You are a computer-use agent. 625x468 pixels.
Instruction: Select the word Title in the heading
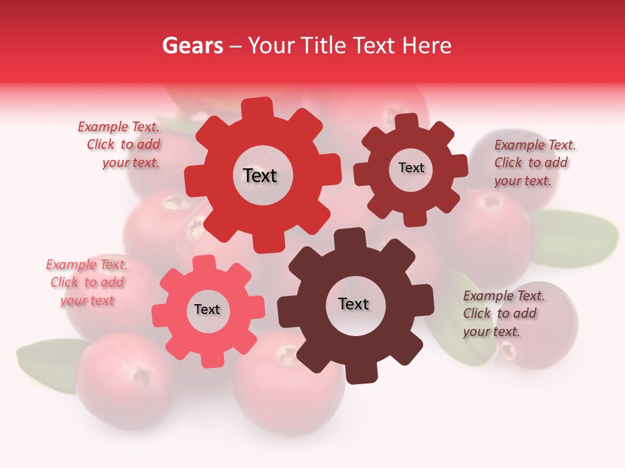coord(322,45)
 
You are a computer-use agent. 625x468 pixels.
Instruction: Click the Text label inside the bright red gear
coord(260,175)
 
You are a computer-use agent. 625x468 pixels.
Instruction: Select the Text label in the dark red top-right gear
coord(411,168)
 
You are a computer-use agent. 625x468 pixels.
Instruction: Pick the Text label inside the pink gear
coord(207,309)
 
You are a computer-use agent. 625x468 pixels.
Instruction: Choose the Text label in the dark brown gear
coord(354,304)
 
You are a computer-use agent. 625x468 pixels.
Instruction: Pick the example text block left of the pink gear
coord(87,282)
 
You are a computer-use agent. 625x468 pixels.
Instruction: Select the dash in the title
coord(236,45)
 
